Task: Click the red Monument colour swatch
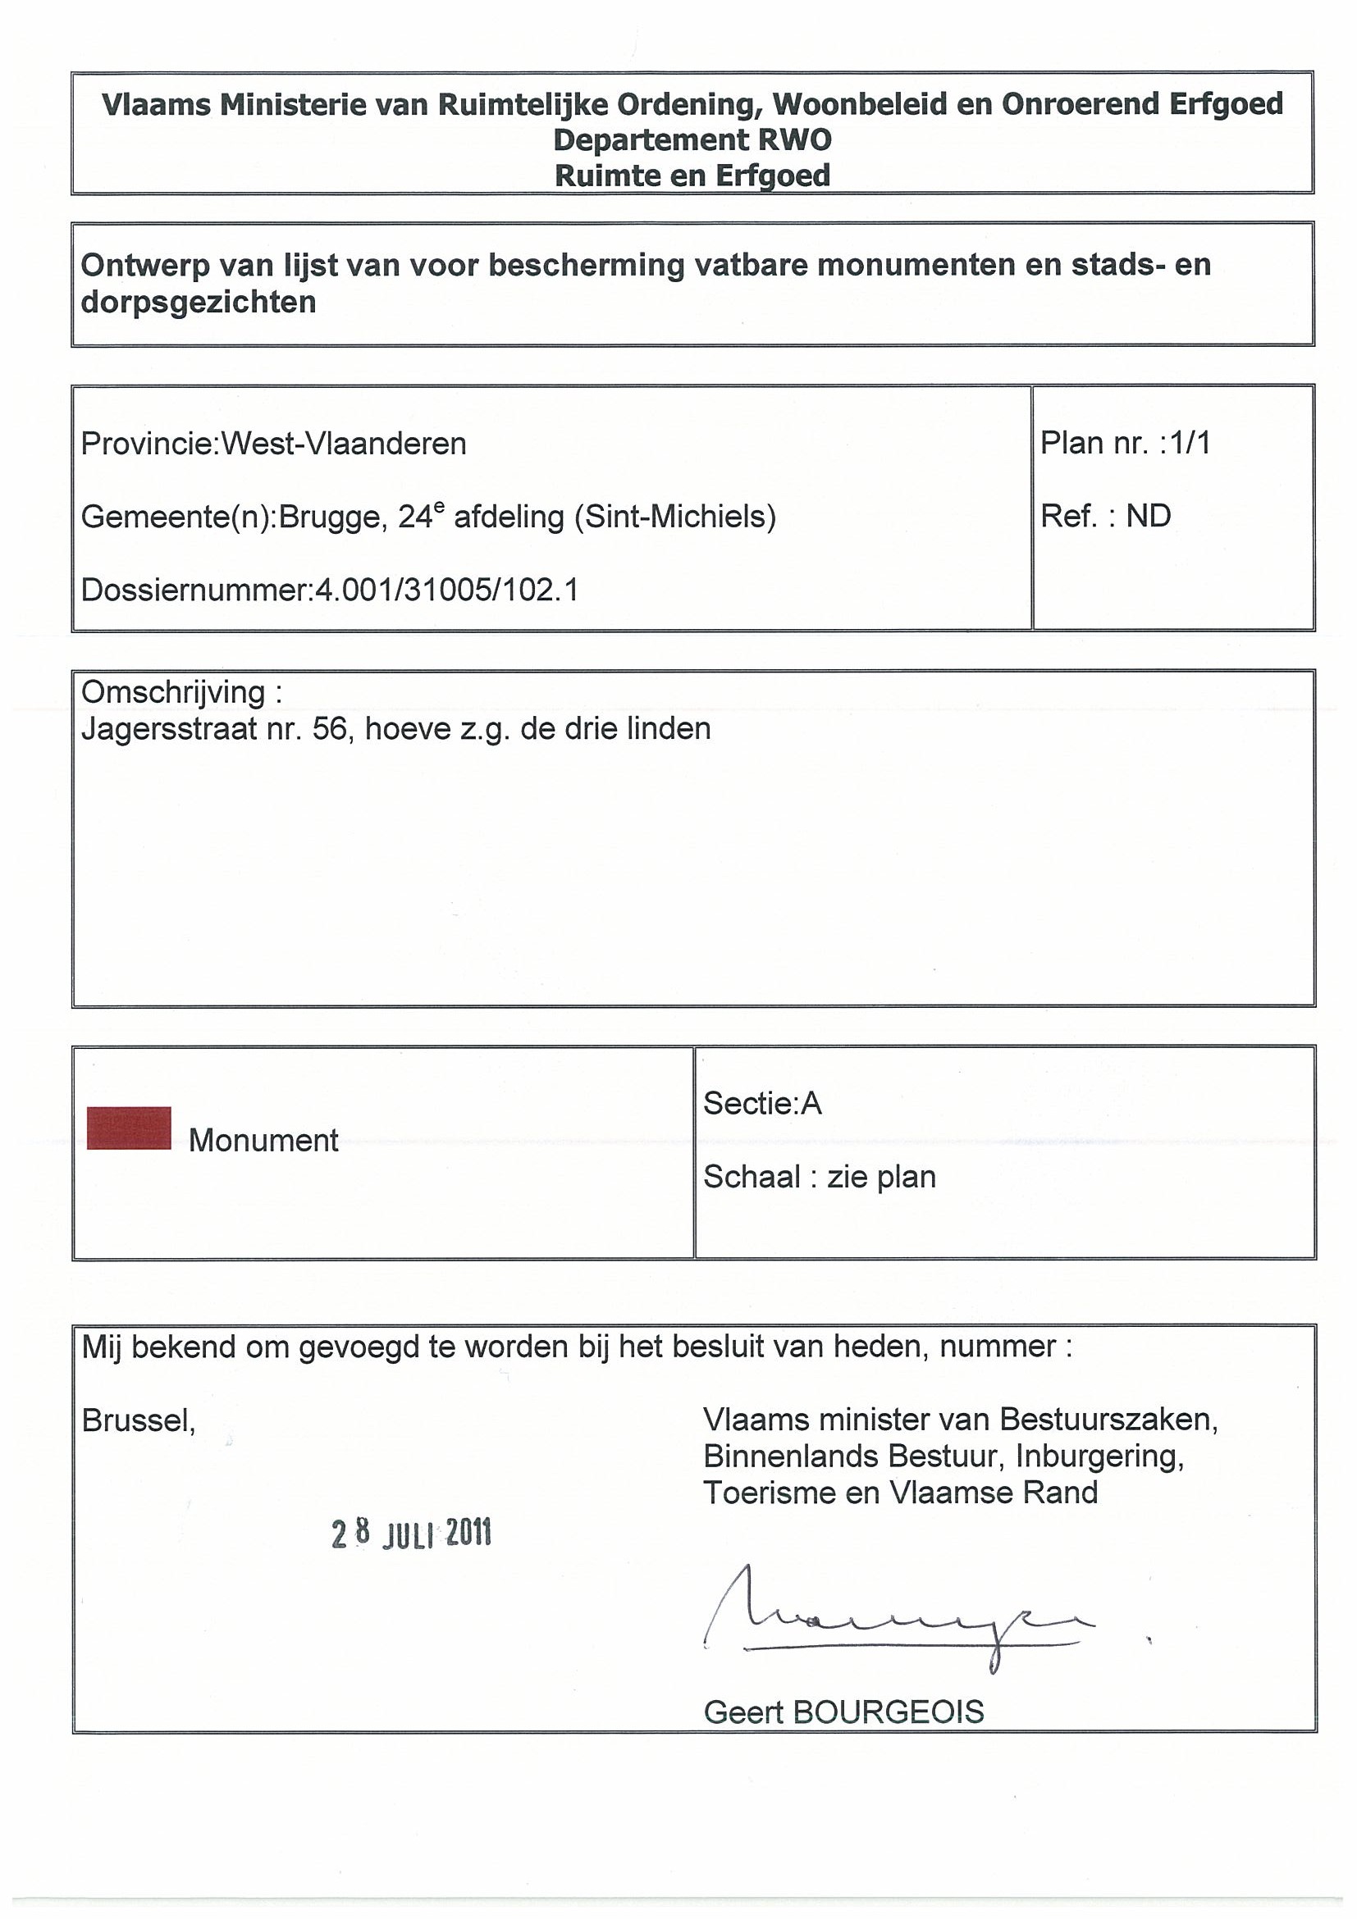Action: [x=129, y=1128]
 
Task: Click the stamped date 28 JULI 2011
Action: [x=411, y=1533]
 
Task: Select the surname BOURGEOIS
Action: [x=888, y=1712]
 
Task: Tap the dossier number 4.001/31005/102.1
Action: [x=445, y=591]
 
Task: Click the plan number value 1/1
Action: [x=1190, y=443]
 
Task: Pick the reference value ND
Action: [x=1148, y=516]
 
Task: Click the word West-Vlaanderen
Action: [x=343, y=444]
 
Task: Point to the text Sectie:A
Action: [x=762, y=1104]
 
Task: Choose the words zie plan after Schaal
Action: [x=881, y=1177]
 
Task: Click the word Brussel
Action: [x=138, y=1420]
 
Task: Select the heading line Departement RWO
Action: [x=692, y=139]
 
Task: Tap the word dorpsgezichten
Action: [x=199, y=302]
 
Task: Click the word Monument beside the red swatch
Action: [x=263, y=1140]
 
